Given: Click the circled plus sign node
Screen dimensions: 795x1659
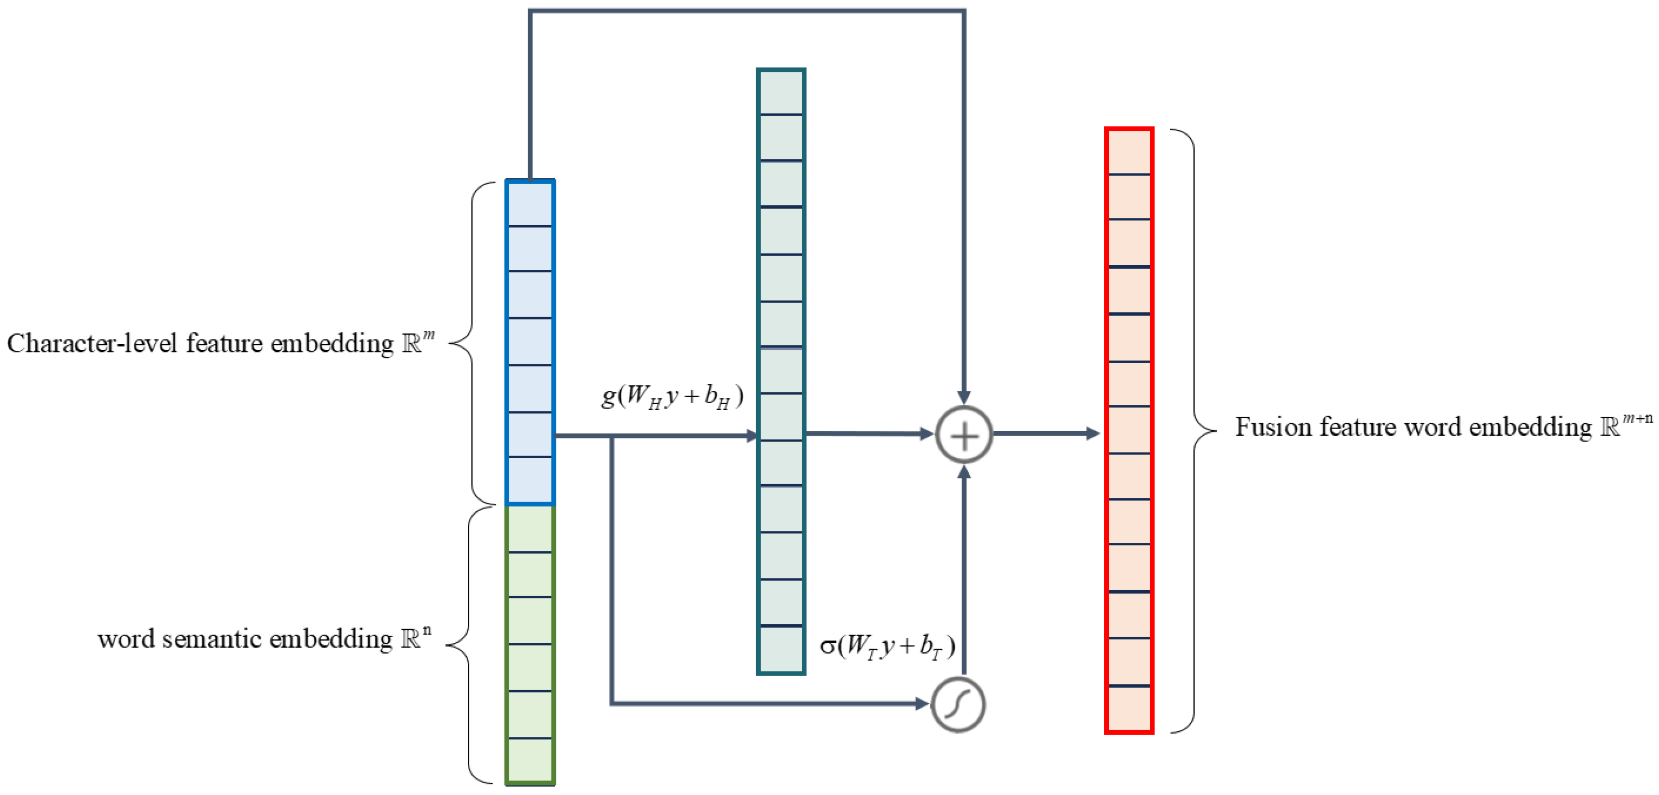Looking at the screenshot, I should pyautogui.click(x=964, y=435).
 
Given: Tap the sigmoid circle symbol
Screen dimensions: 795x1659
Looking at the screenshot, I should pyautogui.click(x=958, y=704).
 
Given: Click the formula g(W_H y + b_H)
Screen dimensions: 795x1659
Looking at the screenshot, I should pyautogui.click(x=672, y=395).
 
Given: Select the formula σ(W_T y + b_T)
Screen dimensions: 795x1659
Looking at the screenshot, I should pyautogui.click(x=887, y=646).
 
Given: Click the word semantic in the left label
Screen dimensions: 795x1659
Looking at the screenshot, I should pyautogui.click(x=212, y=639).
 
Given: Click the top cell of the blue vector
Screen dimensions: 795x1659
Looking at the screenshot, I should pyautogui.click(x=530, y=203).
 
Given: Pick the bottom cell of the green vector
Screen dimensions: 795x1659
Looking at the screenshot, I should pyautogui.click(x=530, y=760).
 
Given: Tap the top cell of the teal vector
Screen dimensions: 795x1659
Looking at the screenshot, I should pyautogui.click(x=781, y=92).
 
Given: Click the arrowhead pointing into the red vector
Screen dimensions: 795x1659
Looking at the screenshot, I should pyautogui.click(x=1092, y=434).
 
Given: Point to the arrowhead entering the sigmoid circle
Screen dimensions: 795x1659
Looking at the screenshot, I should pyautogui.click(x=922, y=704).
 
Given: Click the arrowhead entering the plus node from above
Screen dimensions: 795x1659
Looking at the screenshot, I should pyautogui.click(x=964, y=397).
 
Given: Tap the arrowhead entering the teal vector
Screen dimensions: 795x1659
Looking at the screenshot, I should pyautogui.click(x=751, y=436).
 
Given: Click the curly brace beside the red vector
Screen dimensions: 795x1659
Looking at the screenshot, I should pyautogui.click(x=1195, y=430).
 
